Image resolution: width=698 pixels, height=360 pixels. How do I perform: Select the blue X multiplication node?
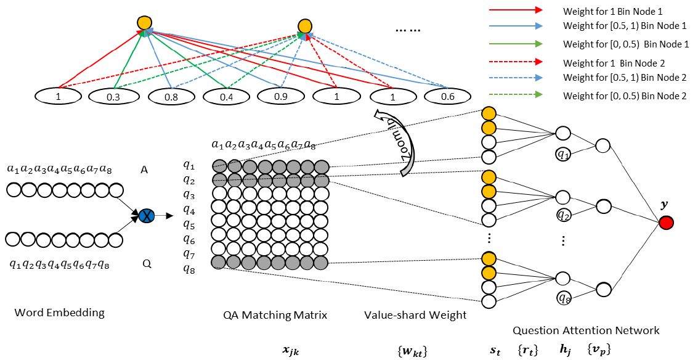point(147,216)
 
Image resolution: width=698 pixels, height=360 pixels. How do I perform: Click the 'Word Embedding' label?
point(59,313)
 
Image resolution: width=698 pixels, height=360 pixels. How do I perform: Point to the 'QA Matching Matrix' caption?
point(275,315)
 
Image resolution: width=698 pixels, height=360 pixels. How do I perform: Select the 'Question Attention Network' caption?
point(586,330)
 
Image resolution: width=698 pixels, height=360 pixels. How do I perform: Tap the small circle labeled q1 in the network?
point(563,155)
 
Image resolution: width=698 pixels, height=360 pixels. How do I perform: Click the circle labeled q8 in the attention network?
point(563,298)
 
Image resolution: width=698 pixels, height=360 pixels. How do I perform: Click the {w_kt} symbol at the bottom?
point(413,350)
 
